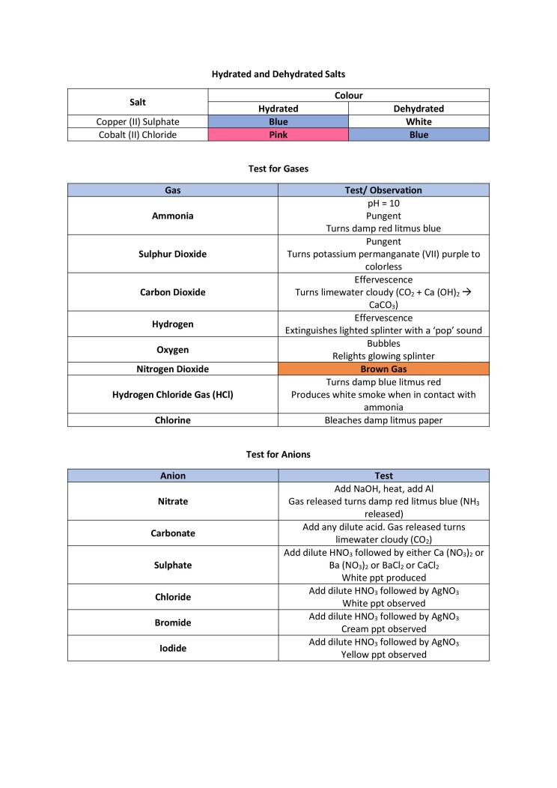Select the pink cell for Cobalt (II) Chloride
point(278,135)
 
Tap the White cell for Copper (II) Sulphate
point(418,121)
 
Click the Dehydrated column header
point(418,109)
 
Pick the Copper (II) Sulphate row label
point(138,121)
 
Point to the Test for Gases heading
point(278,169)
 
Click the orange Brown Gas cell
point(383,369)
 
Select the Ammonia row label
point(172,216)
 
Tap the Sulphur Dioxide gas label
point(172,254)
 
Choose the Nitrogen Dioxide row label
point(172,369)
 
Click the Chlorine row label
point(172,420)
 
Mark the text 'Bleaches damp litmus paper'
point(383,420)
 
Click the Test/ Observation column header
point(383,190)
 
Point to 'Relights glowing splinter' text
point(383,356)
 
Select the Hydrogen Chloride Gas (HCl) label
point(172,395)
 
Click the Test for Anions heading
point(278,454)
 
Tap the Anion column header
point(172,476)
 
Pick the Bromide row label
point(172,622)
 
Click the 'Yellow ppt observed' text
point(383,655)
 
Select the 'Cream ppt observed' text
point(383,629)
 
